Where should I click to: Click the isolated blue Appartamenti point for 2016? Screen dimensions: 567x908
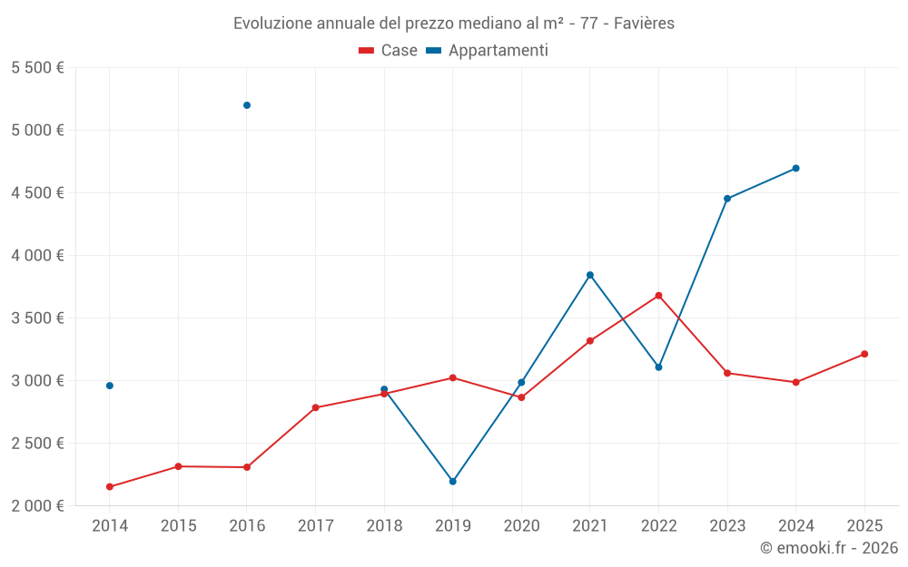pyautogui.click(x=247, y=105)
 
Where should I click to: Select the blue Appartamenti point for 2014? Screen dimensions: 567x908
pyautogui.click(x=110, y=386)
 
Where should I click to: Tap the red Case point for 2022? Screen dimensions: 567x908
pyautogui.click(x=658, y=296)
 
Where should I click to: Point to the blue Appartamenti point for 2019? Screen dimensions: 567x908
pyautogui.click(x=452, y=482)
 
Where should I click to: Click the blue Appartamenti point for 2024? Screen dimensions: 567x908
pyautogui.click(x=796, y=168)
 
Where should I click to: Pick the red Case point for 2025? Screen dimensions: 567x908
pyautogui.click(x=864, y=354)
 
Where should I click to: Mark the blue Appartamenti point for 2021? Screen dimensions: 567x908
pyautogui.click(x=590, y=275)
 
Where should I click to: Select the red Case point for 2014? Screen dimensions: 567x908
pyautogui.click(x=110, y=487)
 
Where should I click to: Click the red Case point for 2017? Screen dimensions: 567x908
pyautogui.click(x=315, y=407)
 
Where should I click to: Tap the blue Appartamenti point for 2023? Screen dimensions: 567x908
pyautogui.click(x=727, y=199)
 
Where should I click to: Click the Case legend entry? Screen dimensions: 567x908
pyautogui.click(x=389, y=51)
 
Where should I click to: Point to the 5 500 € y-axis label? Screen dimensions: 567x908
pyautogui.click(x=37, y=68)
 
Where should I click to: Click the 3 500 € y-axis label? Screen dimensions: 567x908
pyautogui.click(x=37, y=318)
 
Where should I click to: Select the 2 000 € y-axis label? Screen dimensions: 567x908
pyautogui.click(x=37, y=506)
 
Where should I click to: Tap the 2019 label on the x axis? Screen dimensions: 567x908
pyautogui.click(x=452, y=525)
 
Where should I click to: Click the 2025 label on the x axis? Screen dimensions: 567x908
pyautogui.click(x=864, y=525)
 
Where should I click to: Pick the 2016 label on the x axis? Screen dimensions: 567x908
pyautogui.click(x=247, y=525)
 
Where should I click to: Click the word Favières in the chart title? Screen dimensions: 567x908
pyautogui.click(x=644, y=24)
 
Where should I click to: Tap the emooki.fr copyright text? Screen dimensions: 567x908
pyautogui.click(x=829, y=548)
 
